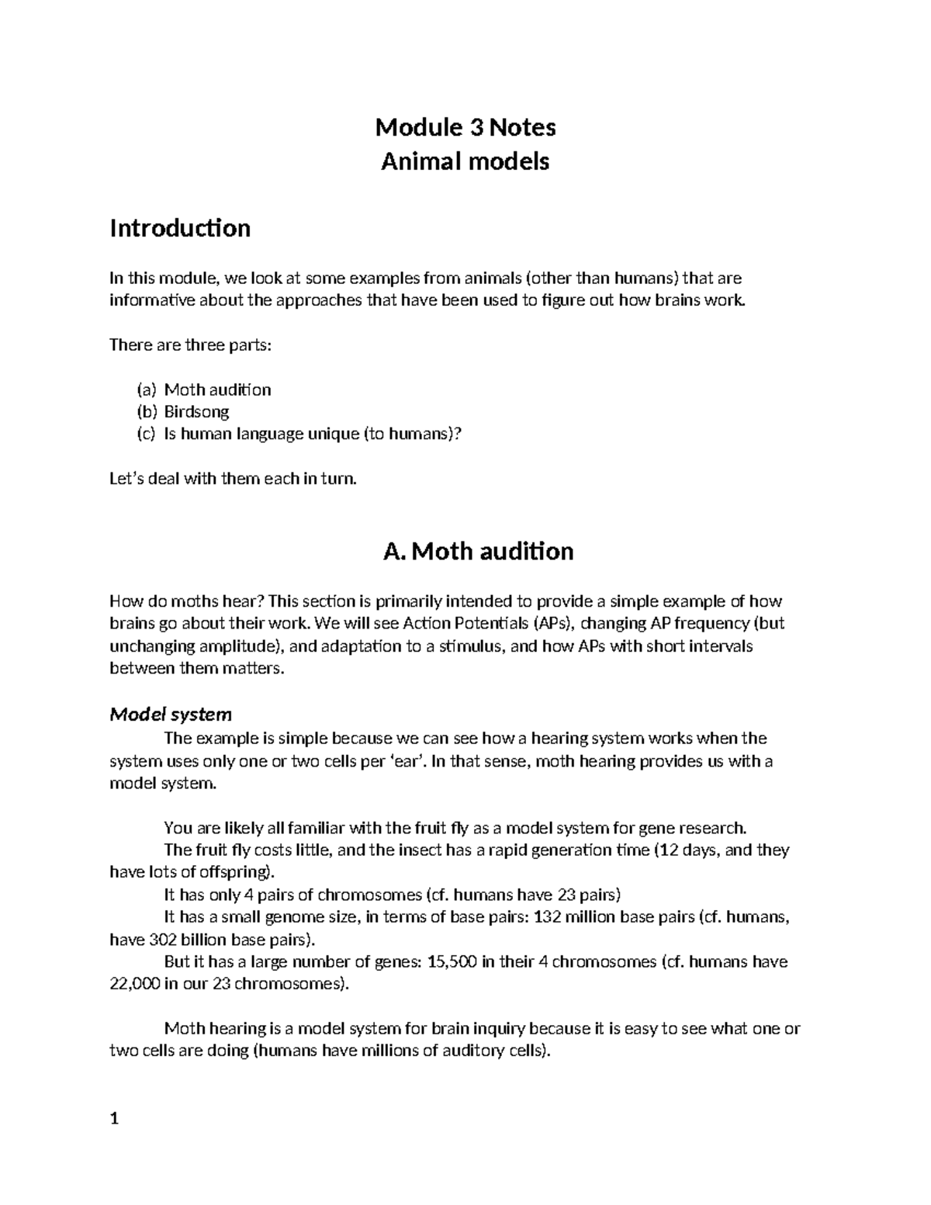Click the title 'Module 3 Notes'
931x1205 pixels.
(465, 126)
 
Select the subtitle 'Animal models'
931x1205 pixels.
(465, 161)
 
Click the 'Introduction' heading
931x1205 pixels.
(180, 228)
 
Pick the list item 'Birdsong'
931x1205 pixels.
(196, 412)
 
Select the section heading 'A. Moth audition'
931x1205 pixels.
(478, 552)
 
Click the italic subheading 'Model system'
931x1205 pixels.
(171, 714)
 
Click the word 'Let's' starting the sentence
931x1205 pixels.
(126, 480)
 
